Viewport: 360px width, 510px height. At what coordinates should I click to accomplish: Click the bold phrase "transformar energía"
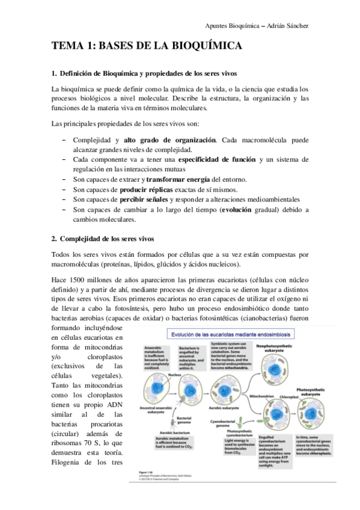tap(177, 179)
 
